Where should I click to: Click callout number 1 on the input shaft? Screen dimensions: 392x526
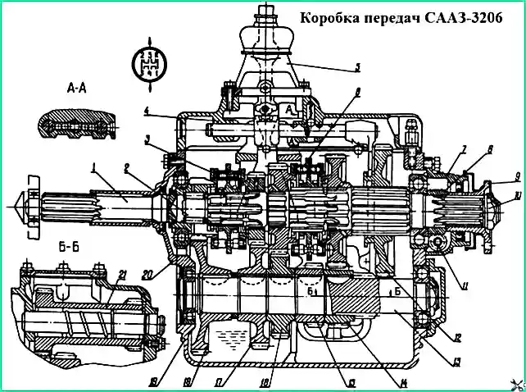click(x=96, y=168)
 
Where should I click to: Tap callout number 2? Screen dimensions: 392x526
click(x=128, y=168)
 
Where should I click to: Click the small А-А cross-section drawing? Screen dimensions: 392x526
click(x=75, y=125)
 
